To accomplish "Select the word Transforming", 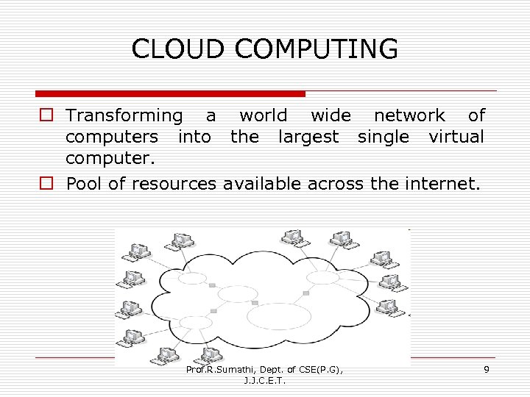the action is point(124,115).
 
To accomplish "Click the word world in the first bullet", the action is point(263,115).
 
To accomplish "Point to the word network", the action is point(409,115).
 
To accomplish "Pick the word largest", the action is point(308,137).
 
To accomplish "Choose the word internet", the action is point(441,183).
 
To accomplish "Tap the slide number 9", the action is point(486,370).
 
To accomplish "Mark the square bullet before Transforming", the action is point(46,116).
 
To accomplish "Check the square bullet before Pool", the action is point(46,184).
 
